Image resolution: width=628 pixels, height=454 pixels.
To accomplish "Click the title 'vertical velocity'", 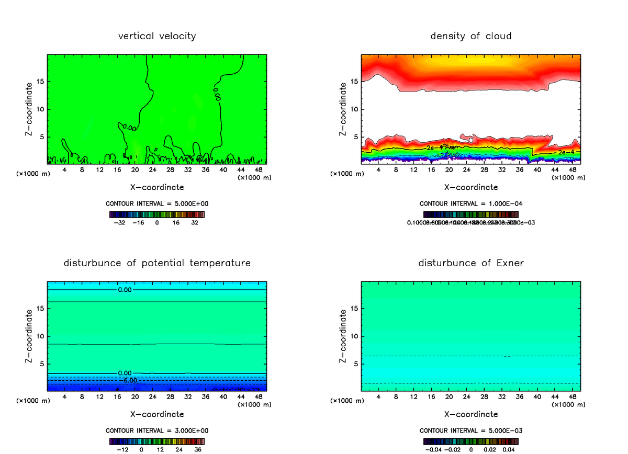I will coord(157,36).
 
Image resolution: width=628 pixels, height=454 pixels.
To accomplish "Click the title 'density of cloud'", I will coord(471,36).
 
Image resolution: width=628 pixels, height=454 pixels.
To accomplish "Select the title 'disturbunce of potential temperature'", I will coord(157,263).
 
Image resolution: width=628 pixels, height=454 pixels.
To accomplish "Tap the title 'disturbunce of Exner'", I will coord(471,263).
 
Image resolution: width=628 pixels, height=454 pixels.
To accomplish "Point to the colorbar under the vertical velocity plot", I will coord(157,214).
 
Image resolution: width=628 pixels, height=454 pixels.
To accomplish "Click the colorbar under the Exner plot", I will coord(471,441).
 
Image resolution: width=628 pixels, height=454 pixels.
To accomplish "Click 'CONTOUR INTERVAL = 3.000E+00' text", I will coord(157,430).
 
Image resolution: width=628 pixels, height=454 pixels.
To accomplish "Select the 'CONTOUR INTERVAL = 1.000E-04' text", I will coord(471,204).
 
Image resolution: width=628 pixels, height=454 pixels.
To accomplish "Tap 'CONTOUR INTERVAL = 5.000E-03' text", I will coord(471,430).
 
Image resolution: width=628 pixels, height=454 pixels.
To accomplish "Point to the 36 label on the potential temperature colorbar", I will coord(198,449).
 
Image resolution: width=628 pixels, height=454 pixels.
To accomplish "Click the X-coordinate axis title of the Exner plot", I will coord(471,414).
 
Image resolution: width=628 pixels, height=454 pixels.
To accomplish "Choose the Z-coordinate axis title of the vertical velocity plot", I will coord(29,109).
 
